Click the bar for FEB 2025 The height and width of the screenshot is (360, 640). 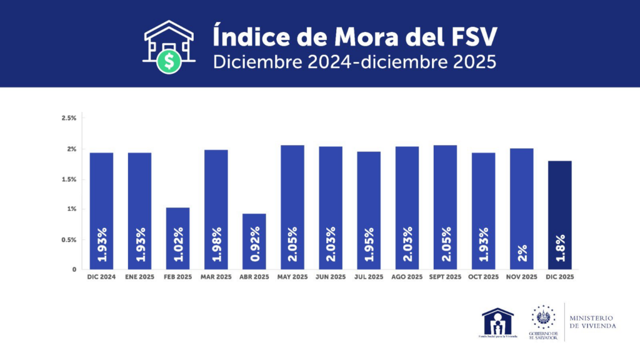tap(177, 237)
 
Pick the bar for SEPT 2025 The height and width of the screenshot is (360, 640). tap(445, 206)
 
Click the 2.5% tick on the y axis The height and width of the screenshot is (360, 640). tap(69, 118)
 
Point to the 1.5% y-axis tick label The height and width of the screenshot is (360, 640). tap(69, 179)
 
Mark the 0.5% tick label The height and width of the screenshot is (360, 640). tap(69, 239)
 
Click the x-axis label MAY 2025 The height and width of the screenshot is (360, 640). tap(292, 276)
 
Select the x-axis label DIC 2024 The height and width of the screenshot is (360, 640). tap(101, 276)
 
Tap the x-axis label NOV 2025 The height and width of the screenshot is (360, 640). tap(521, 276)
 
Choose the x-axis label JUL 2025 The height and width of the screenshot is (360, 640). tap(369, 276)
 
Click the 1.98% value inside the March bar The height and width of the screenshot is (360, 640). tap(216, 244)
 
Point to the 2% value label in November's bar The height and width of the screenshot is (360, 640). tap(522, 252)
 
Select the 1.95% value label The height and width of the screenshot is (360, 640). tap(369, 244)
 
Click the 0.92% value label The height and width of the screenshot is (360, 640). tap(254, 244)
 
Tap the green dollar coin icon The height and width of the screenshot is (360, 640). tap(169, 61)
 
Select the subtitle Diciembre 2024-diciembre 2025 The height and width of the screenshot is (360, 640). tap(354, 62)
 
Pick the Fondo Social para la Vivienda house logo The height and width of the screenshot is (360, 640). tap(497, 321)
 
